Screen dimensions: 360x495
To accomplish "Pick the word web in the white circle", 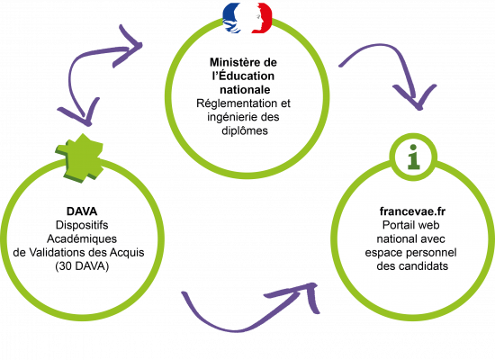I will pyautogui.click(x=434, y=225).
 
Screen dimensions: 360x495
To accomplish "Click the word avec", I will pyautogui.click(x=431, y=240).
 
